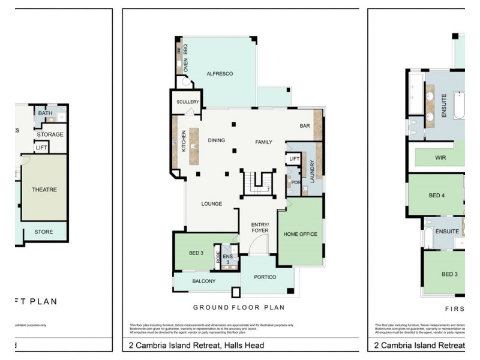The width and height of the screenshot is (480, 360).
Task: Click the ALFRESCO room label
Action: click(x=219, y=74)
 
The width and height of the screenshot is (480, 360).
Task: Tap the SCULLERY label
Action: click(x=187, y=102)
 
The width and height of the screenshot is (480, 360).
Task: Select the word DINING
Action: click(x=216, y=140)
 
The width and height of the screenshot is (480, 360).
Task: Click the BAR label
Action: click(x=305, y=126)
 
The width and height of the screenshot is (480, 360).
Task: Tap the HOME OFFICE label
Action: click(x=300, y=234)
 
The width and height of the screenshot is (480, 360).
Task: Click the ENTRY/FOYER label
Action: click(x=259, y=227)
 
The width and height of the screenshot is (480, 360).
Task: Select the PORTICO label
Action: click(x=265, y=277)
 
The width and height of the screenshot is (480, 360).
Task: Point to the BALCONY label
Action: click(x=204, y=281)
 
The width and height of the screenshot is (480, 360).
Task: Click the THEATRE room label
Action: click(x=44, y=190)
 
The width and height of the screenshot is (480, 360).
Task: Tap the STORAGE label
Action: click(x=50, y=134)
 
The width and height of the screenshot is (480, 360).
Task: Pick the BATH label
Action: click(x=45, y=113)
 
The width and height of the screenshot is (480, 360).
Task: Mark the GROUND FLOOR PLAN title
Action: click(x=238, y=307)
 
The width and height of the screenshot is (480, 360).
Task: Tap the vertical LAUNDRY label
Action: click(x=312, y=171)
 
